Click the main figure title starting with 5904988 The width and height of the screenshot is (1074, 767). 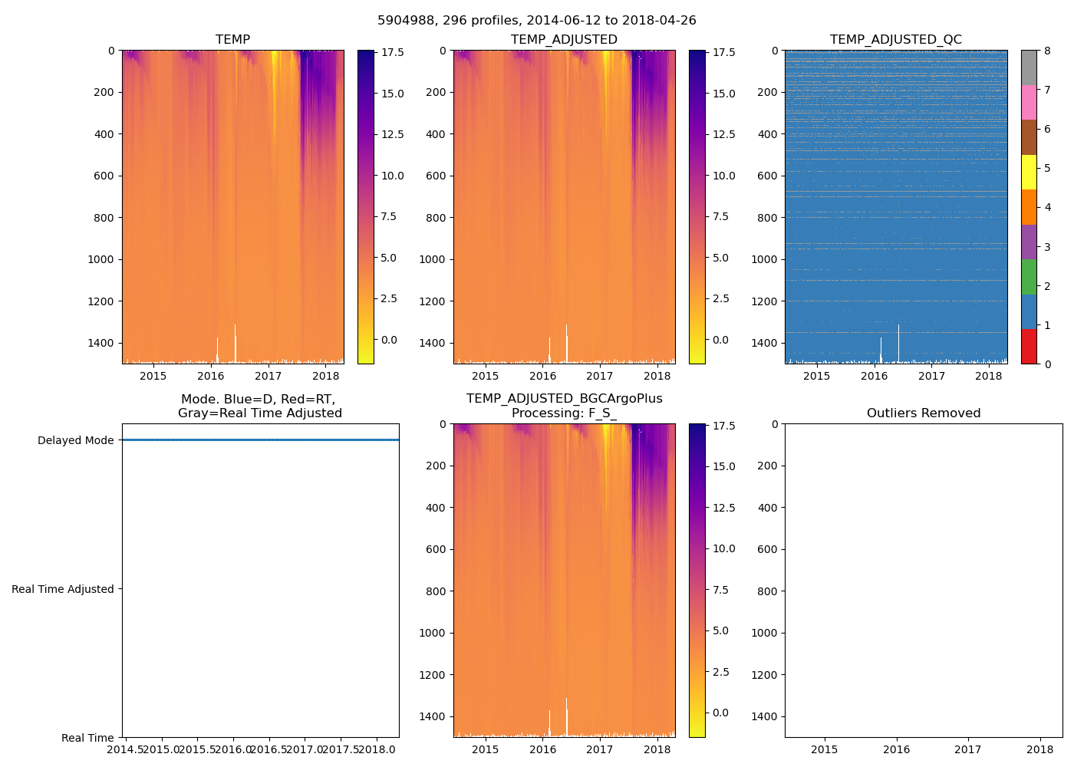(x=536, y=21)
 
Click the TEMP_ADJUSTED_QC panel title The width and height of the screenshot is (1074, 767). (x=895, y=40)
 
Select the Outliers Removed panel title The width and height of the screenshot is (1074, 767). (x=923, y=413)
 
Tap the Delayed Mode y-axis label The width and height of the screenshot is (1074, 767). (x=75, y=440)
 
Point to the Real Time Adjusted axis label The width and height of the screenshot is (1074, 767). (x=63, y=589)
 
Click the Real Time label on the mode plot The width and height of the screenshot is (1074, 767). (x=87, y=738)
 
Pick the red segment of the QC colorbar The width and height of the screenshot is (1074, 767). (x=1029, y=346)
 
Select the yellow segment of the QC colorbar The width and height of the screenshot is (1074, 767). (x=1029, y=172)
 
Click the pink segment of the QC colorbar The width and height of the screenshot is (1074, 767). (x=1029, y=102)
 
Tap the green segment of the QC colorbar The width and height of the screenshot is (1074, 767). (x=1029, y=276)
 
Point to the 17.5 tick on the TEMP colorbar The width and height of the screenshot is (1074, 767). (x=393, y=52)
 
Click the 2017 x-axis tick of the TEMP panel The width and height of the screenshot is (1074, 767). (x=268, y=376)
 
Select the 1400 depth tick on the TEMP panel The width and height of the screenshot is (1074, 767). (x=101, y=343)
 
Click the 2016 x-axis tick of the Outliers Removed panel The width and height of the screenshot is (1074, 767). (x=896, y=749)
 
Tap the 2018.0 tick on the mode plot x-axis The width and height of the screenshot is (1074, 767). (x=377, y=749)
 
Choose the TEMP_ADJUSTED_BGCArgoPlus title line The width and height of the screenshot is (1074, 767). (x=564, y=399)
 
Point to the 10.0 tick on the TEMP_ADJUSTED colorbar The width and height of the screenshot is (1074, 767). (x=724, y=176)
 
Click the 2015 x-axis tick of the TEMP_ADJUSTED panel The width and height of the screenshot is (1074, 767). (x=485, y=376)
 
